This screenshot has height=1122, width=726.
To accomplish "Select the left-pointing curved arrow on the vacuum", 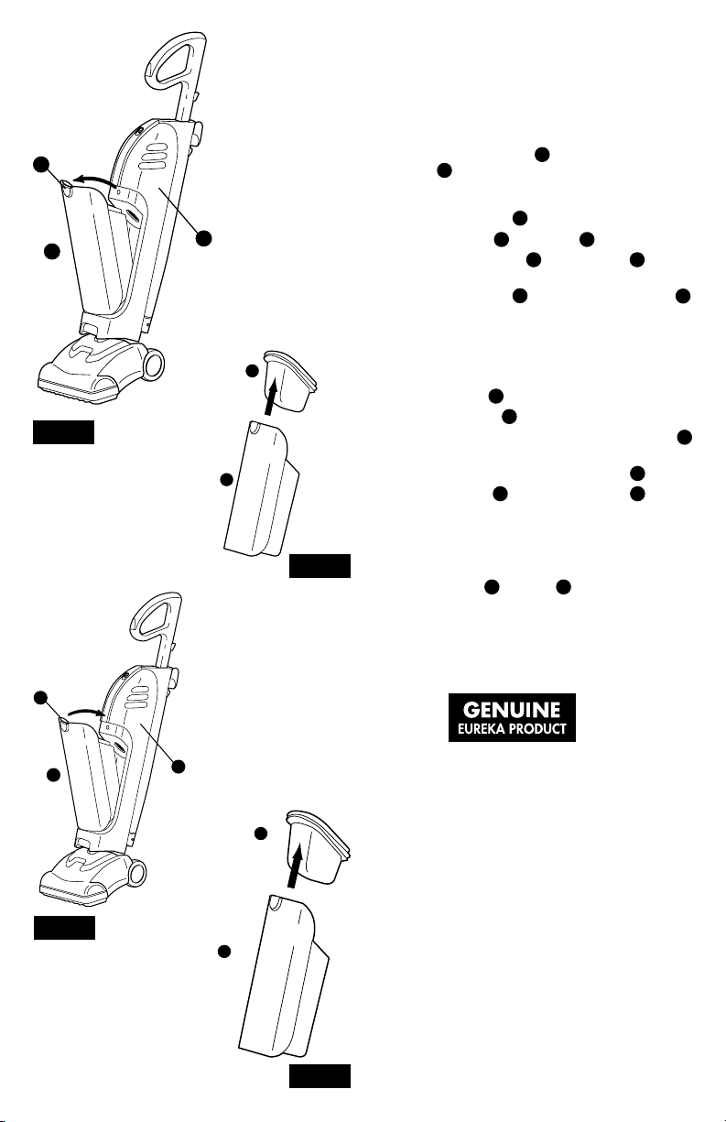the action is click(x=95, y=180).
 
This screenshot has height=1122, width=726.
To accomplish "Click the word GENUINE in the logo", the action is click(x=511, y=710).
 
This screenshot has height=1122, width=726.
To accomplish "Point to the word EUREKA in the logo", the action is click(x=481, y=729).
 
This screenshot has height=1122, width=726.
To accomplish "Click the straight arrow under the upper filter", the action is click(x=271, y=397).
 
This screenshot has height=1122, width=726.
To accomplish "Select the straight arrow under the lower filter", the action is click(x=296, y=865).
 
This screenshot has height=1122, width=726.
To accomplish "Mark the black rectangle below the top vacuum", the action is click(x=63, y=432).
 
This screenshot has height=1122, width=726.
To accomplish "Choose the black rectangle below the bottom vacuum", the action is click(x=64, y=928).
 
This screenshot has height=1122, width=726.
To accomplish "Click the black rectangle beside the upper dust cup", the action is click(x=320, y=565).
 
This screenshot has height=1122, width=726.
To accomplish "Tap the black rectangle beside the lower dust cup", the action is click(x=320, y=1076).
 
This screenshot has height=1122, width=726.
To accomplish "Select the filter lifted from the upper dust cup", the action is click(x=290, y=381).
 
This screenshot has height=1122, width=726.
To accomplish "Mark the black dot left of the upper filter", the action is click(x=253, y=371).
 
